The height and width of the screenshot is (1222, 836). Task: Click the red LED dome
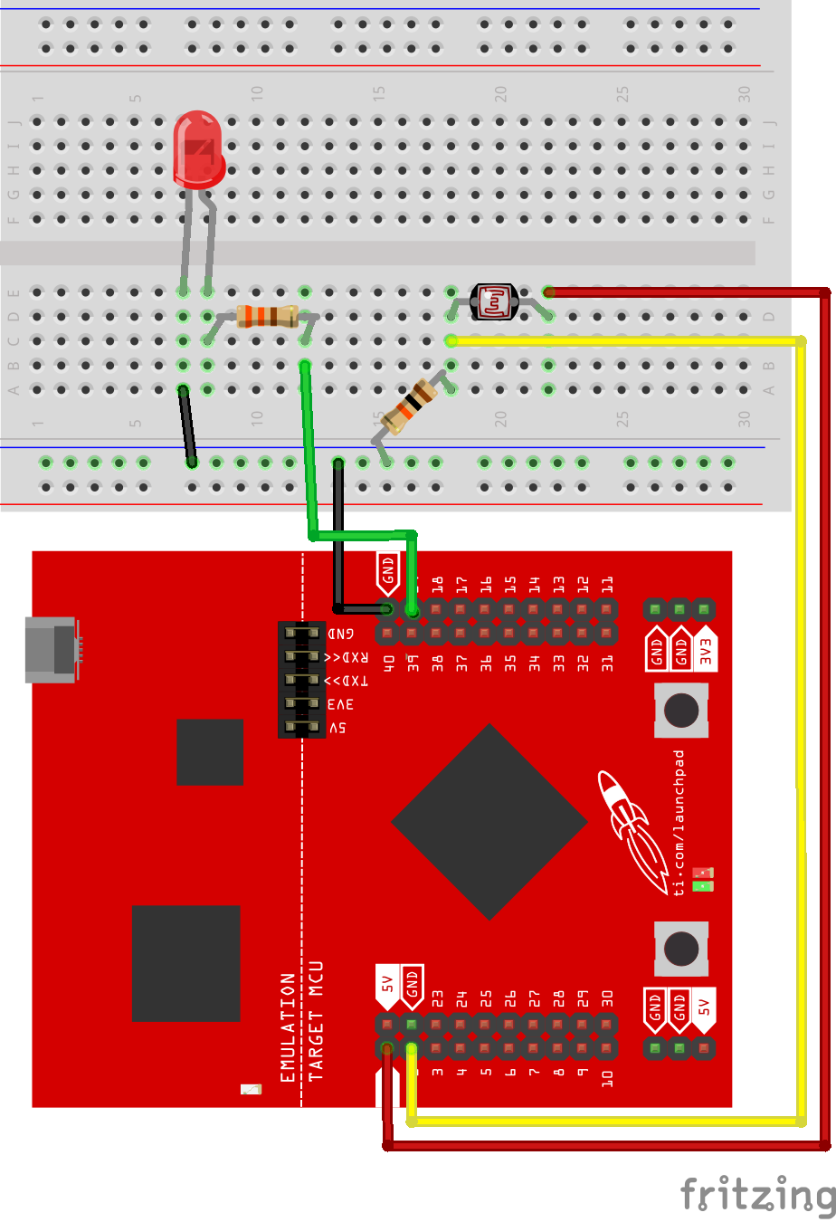[197, 149]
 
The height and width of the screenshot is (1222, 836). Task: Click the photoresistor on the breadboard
[494, 302]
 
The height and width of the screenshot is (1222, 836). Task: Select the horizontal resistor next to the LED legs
[267, 316]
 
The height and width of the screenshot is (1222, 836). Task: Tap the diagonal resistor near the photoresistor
[411, 406]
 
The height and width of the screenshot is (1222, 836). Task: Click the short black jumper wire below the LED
[187, 426]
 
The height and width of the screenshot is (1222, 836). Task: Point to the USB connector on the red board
[52, 649]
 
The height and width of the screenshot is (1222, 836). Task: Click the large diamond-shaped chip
[489, 822]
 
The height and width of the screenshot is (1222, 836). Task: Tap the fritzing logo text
[756, 1195]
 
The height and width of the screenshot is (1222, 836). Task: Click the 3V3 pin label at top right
[705, 649]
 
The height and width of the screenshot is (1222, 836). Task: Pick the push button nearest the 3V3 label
[680, 710]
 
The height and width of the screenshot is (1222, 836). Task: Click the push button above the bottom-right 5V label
[680, 948]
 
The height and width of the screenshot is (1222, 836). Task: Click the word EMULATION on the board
[288, 1027]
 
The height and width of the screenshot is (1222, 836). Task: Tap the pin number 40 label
[389, 664]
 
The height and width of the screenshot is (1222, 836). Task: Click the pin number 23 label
[437, 998]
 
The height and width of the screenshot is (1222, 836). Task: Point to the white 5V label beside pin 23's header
[387, 985]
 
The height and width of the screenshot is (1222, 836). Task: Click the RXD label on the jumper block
[347, 657]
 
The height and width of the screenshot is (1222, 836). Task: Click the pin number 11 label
[607, 584]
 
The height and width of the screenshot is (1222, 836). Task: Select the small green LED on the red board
[703, 885]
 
